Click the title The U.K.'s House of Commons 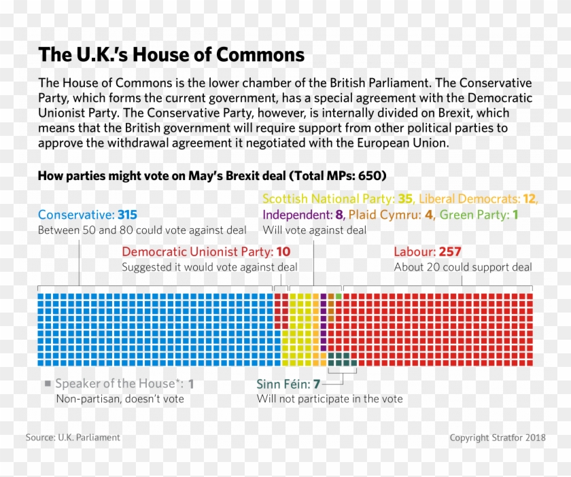coord(171,54)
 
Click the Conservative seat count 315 coord(127,215)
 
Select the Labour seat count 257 coord(450,252)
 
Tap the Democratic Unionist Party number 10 coord(283,252)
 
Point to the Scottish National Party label coord(328,199)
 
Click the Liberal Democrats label coord(469,199)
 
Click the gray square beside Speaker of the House coord(48,384)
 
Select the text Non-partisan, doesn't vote coord(120,399)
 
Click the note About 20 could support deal coord(462,267)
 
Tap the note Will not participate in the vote coord(329,399)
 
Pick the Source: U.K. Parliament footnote coord(73,438)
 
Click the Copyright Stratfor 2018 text coord(497,438)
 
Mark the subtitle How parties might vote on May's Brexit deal coord(212,176)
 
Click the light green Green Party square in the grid coord(339,297)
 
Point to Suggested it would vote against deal coord(209,267)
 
